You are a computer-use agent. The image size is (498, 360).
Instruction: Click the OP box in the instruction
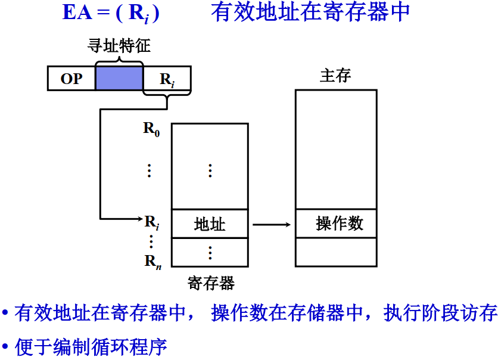point(71,78)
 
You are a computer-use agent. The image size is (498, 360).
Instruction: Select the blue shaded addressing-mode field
point(119,78)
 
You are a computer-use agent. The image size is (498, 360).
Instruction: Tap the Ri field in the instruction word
point(167,79)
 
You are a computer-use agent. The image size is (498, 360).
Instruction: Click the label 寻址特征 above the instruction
point(119,46)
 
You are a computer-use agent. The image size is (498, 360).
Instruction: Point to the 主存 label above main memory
point(335,76)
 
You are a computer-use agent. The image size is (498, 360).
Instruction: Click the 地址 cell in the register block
point(210,224)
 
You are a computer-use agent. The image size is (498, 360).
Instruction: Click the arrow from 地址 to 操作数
point(271,225)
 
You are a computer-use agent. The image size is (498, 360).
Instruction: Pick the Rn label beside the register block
point(152,260)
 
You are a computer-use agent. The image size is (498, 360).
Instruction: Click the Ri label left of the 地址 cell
point(152,222)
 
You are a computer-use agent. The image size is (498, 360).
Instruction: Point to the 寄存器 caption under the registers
point(211,283)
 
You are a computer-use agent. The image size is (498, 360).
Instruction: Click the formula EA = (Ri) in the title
point(111,13)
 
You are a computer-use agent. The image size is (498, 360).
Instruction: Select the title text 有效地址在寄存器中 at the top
point(310,13)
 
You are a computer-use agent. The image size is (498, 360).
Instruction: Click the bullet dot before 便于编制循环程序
point(5,346)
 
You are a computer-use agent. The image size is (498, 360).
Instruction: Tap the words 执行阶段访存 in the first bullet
point(441,313)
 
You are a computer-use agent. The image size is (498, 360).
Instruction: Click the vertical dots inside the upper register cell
point(210,170)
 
